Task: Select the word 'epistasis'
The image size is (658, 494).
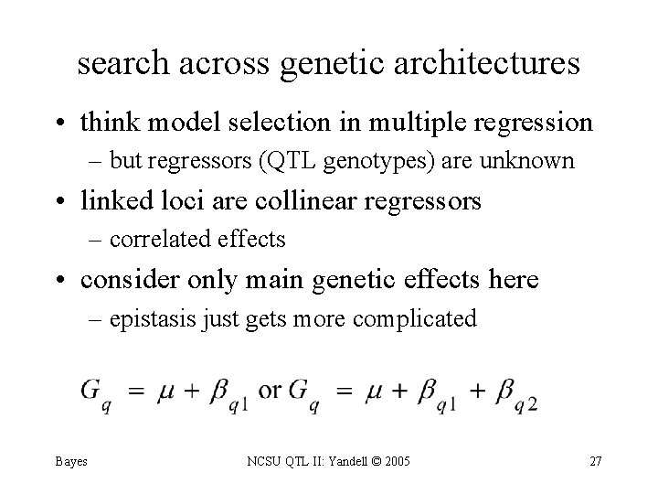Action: click(x=148, y=318)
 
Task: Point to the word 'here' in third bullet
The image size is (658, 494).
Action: click(x=513, y=279)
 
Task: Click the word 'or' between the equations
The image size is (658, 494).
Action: click(x=270, y=390)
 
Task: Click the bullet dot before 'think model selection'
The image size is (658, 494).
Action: click(x=66, y=123)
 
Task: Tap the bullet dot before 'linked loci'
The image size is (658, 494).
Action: click(x=66, y=201)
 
